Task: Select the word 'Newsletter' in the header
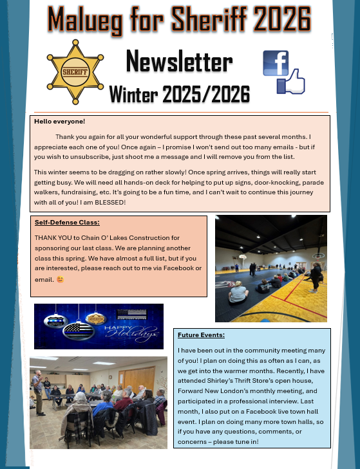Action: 179,62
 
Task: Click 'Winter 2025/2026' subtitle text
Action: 179,95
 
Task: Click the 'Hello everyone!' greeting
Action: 60,121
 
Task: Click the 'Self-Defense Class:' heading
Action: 67,223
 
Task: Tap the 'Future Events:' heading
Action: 201,335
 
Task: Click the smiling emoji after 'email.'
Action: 61,279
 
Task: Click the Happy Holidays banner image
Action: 99,326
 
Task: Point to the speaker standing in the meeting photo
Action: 39,390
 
